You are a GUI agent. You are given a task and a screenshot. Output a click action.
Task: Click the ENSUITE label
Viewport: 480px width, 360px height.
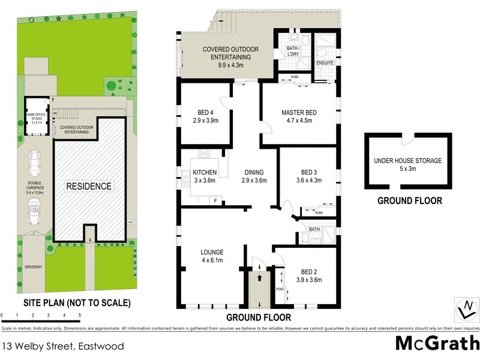click(324, 62)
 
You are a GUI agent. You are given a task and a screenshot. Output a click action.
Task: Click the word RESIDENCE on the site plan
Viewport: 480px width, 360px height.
click(89, 186)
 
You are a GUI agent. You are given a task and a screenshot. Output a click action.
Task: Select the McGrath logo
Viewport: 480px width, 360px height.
click(437, 344)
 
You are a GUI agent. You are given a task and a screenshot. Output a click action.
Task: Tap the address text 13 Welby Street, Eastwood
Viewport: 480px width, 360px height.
click(63, 346)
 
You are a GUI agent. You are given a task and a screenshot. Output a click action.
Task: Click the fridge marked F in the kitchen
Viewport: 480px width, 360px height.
click(214, 199)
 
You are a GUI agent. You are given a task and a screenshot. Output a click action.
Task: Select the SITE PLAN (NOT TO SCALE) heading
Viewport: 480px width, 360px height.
click(77, 303)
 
